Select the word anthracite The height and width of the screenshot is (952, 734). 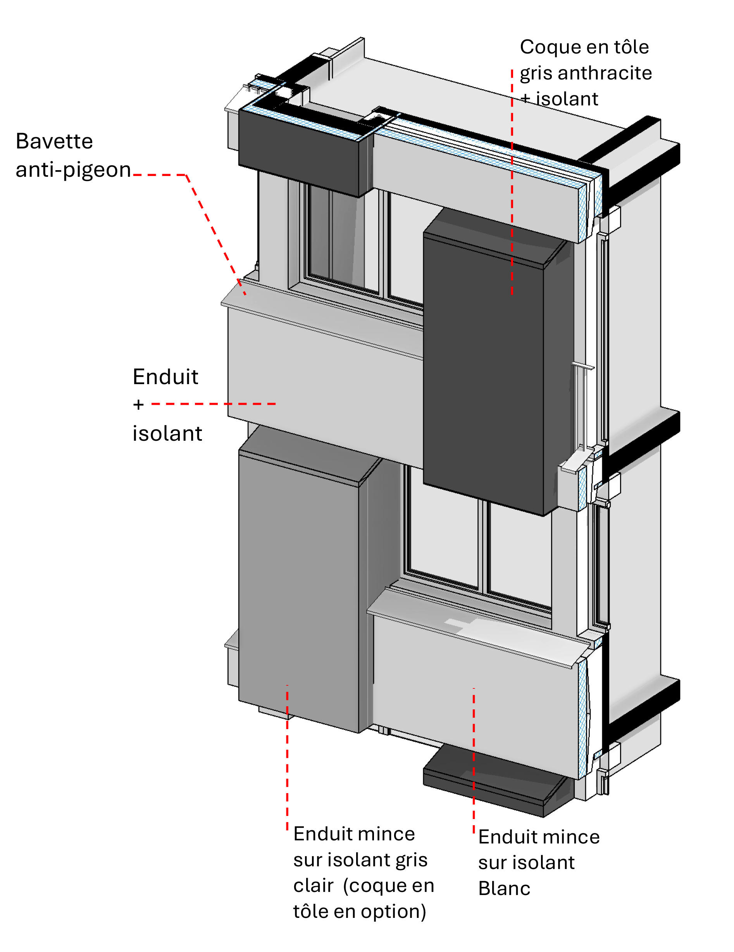click(x=605, y=73)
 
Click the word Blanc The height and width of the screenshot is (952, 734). click(x=504, y=888)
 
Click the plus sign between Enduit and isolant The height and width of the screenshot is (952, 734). click(x=138, y=405)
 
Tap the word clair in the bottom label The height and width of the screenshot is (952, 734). click(x=314, y=885)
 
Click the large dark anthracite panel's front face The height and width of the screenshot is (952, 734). click(x=483, y=375)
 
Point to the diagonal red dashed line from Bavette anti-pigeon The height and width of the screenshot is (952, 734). click(x=215, y=235)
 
